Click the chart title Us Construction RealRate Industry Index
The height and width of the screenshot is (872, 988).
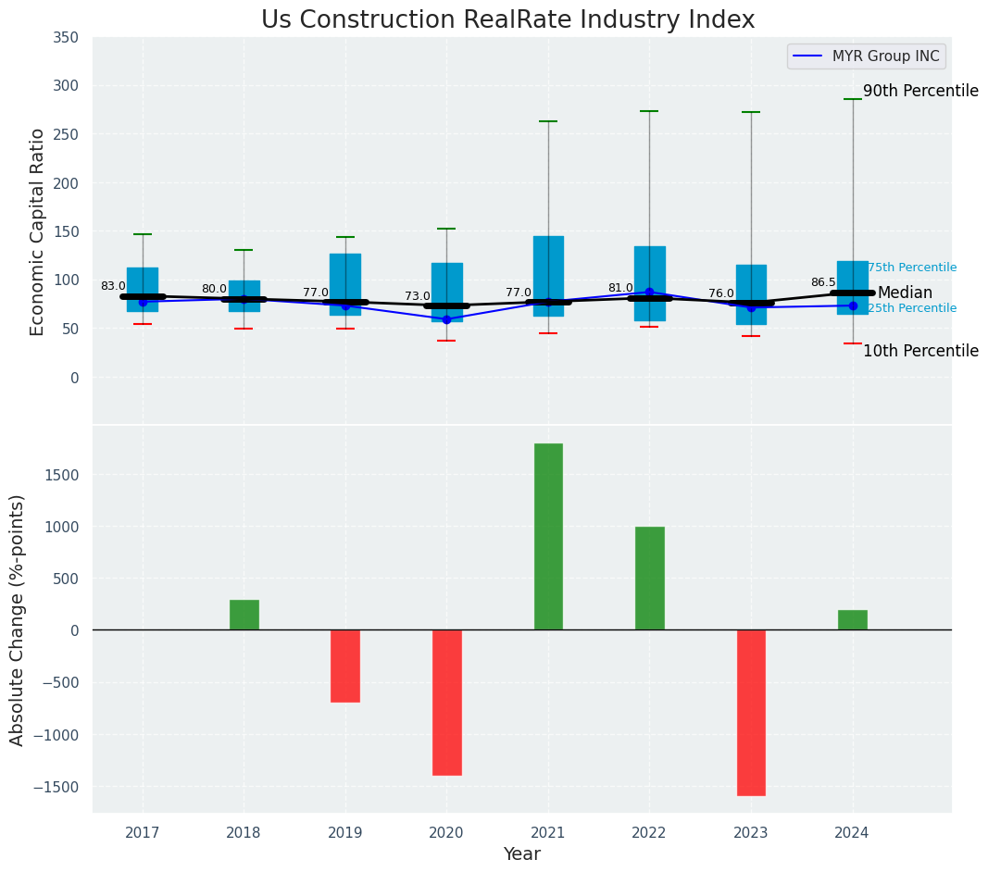coord(507,20)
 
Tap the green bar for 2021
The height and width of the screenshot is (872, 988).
coord(548,537)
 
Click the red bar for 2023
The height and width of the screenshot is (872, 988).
coord(751,713)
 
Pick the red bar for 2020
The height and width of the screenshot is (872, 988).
coord(446,703)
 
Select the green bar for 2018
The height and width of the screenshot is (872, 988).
coord(244,616)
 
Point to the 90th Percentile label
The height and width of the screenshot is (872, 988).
coord(920,91)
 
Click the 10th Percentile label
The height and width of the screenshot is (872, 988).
coord(920,351)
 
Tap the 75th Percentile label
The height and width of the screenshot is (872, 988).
coord(911,268)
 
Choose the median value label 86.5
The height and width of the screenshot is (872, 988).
coord(823,282)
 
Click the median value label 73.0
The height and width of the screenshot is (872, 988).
coord(418,296)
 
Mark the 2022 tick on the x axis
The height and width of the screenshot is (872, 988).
coord(649,833)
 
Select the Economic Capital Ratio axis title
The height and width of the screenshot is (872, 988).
coord(38,231)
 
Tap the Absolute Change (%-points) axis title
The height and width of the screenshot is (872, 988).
coord(18,620)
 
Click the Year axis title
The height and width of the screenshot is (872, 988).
coord(522,854)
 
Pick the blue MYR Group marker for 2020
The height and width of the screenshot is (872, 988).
coord(446,319)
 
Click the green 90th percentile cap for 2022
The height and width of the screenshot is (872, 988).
coord(649,111)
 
